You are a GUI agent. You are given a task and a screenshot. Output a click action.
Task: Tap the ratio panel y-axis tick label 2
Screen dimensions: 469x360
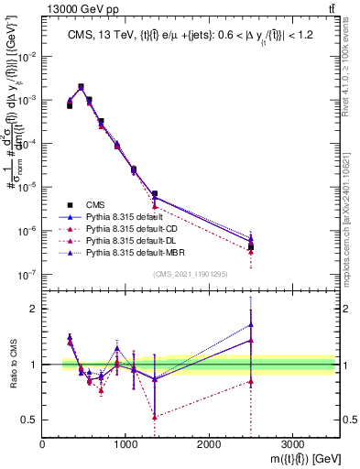click(x=33, y=309)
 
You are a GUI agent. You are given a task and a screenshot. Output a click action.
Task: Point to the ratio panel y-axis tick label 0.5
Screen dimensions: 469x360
click(x=29, y=420)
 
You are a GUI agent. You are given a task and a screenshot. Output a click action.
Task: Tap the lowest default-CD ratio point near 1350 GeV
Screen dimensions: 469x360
click(x=155, y=417)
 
